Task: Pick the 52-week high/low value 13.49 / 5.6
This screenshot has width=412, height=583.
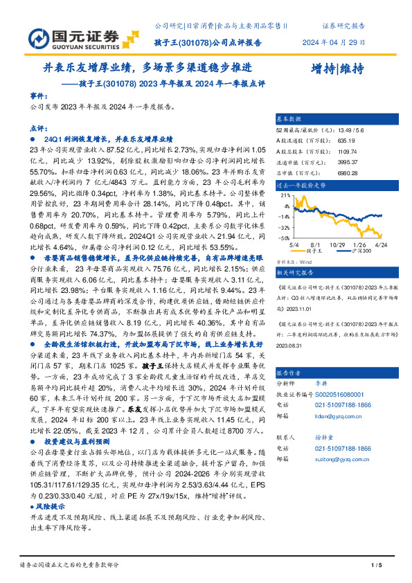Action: (x=351, y=130)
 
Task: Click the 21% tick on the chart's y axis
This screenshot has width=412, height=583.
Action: (x=285, y=196)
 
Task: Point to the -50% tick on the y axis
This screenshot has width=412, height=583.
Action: (x=284, y=235)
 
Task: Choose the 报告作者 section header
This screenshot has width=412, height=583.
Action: (x=289, y=370)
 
